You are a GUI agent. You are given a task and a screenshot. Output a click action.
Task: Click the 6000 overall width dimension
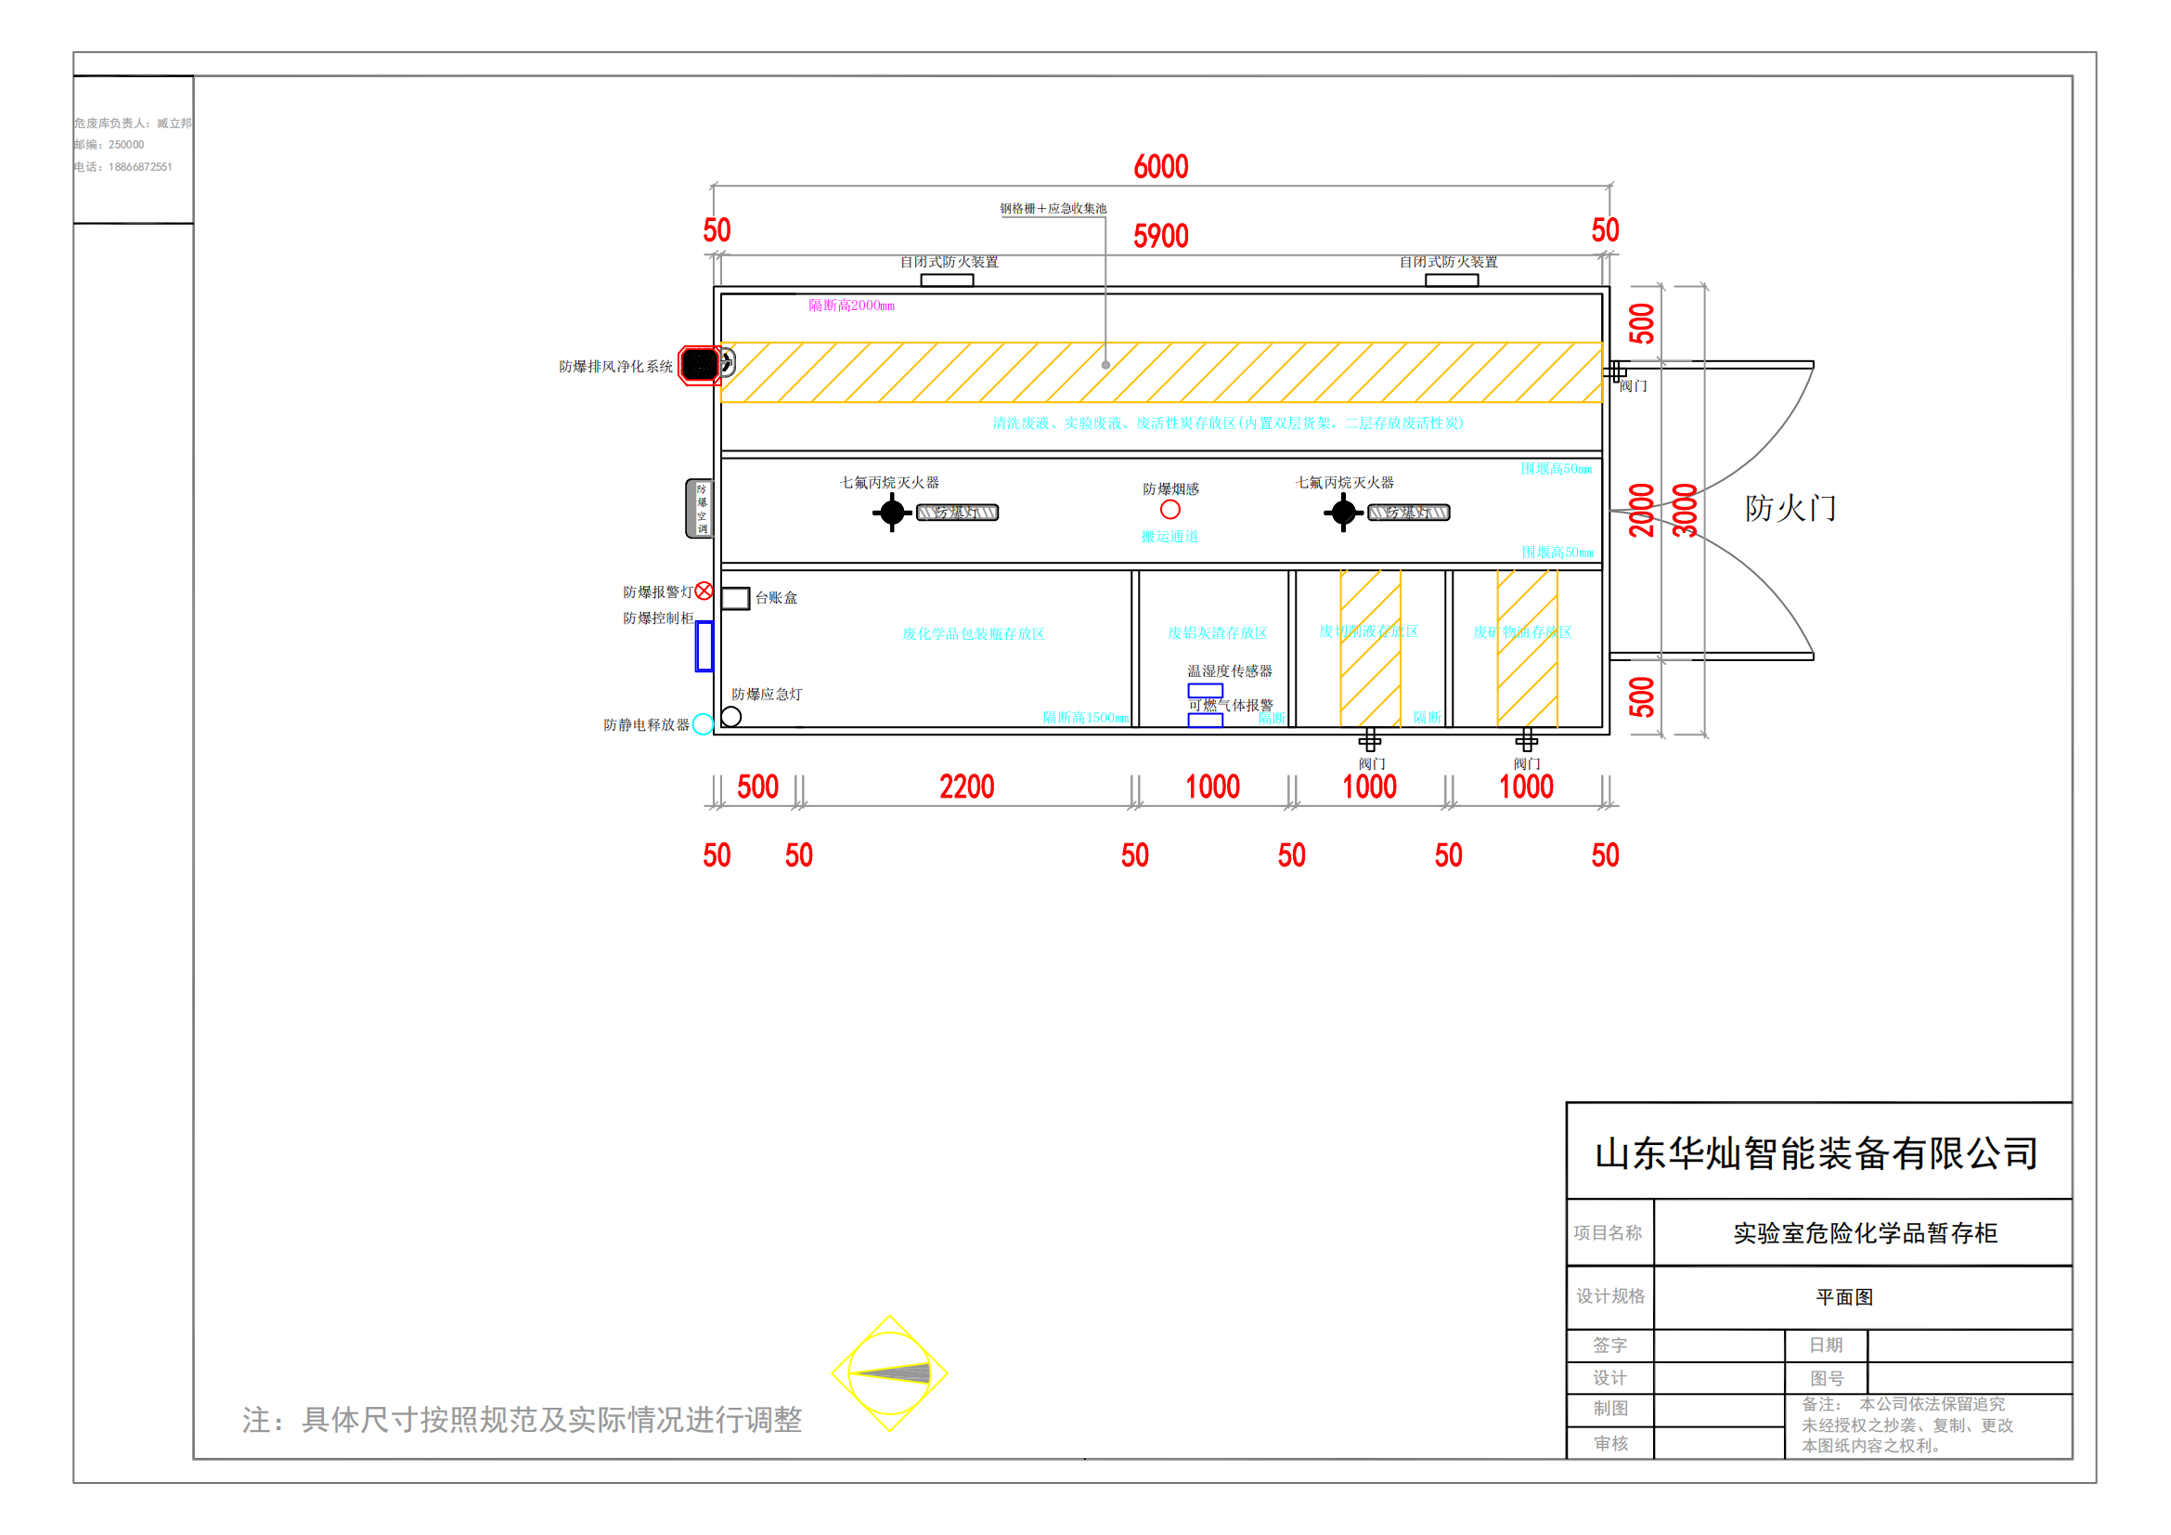(x=1160, y=166)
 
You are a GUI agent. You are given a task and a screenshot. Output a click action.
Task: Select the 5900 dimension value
(x=1160, y=236)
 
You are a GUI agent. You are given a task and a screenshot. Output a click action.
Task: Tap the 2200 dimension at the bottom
(x=966, y=786)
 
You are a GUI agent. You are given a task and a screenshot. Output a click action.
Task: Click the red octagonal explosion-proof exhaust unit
(x=700, y=365)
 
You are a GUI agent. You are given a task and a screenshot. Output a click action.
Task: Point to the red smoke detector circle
(x=1169, y=510)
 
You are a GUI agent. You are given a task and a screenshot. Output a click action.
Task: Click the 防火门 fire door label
(x=1790, y=508)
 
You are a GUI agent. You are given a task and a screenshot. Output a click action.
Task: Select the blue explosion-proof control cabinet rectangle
(x=704, y=646)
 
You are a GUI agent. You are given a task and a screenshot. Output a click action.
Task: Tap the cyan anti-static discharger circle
(x=703, y=724)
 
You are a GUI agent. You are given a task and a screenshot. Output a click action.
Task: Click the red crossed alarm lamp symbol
(x=704, y=592)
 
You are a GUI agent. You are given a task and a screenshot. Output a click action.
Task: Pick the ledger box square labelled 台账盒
(x=735, y=598)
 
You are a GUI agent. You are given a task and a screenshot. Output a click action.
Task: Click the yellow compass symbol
(x=890, y=1372)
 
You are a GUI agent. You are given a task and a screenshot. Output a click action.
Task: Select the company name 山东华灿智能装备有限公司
(x=1816, y=1153)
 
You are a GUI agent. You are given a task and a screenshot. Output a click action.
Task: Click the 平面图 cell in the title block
(x=1844, y=1296)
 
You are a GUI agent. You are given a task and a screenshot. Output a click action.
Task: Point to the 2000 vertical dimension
(x=1642, y=510)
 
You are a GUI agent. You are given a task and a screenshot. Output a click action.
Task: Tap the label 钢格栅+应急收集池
(x=1053, y=208)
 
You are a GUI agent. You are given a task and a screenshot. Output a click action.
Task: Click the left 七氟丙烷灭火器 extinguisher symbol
(x=892, y=513)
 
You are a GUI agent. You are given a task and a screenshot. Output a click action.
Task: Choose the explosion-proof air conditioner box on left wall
(x=699, y=509)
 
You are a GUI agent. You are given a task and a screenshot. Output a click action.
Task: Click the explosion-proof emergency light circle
(x=730, y=717)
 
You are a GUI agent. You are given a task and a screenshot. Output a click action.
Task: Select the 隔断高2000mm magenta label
(x=851, y=306)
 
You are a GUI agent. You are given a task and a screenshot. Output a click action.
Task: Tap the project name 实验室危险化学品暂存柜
(x=1865, y=1233)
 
